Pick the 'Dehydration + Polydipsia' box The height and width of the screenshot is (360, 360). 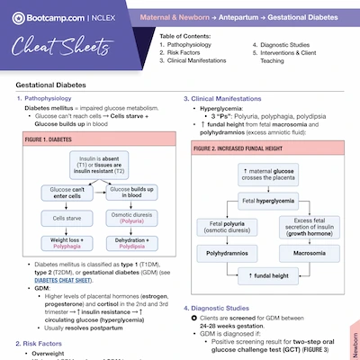[129, 241]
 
